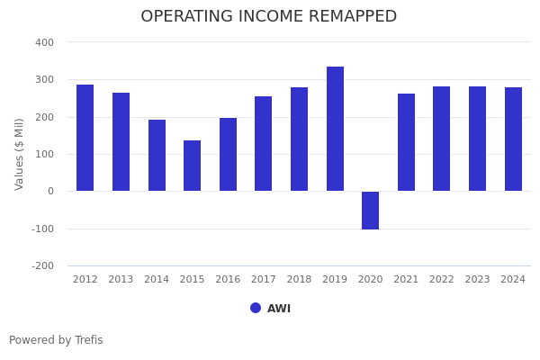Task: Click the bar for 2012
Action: tap(85, 138)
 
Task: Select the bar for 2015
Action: tap(192, 166)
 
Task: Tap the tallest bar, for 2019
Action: tap(335, 129)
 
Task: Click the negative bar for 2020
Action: tap(370, 211)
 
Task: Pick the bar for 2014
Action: tap(157, 155)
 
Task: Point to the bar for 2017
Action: tap(263, 144)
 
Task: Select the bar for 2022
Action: tap(441, 139)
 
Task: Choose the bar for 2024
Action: tap(513, 139)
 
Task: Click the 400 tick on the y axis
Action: tap(44, 42)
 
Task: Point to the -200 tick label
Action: tap(43, 266)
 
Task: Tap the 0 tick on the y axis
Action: tap(50, 192)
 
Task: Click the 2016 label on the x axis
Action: tap(228, 280)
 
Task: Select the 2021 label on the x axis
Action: tap(406, 280)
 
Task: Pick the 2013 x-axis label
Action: tap(121, 280)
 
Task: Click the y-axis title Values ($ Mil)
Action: tap(20, 154)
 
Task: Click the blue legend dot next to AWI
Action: tap(256, 308)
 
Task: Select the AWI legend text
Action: tap(279, 309)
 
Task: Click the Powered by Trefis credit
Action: tap(56, 340)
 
